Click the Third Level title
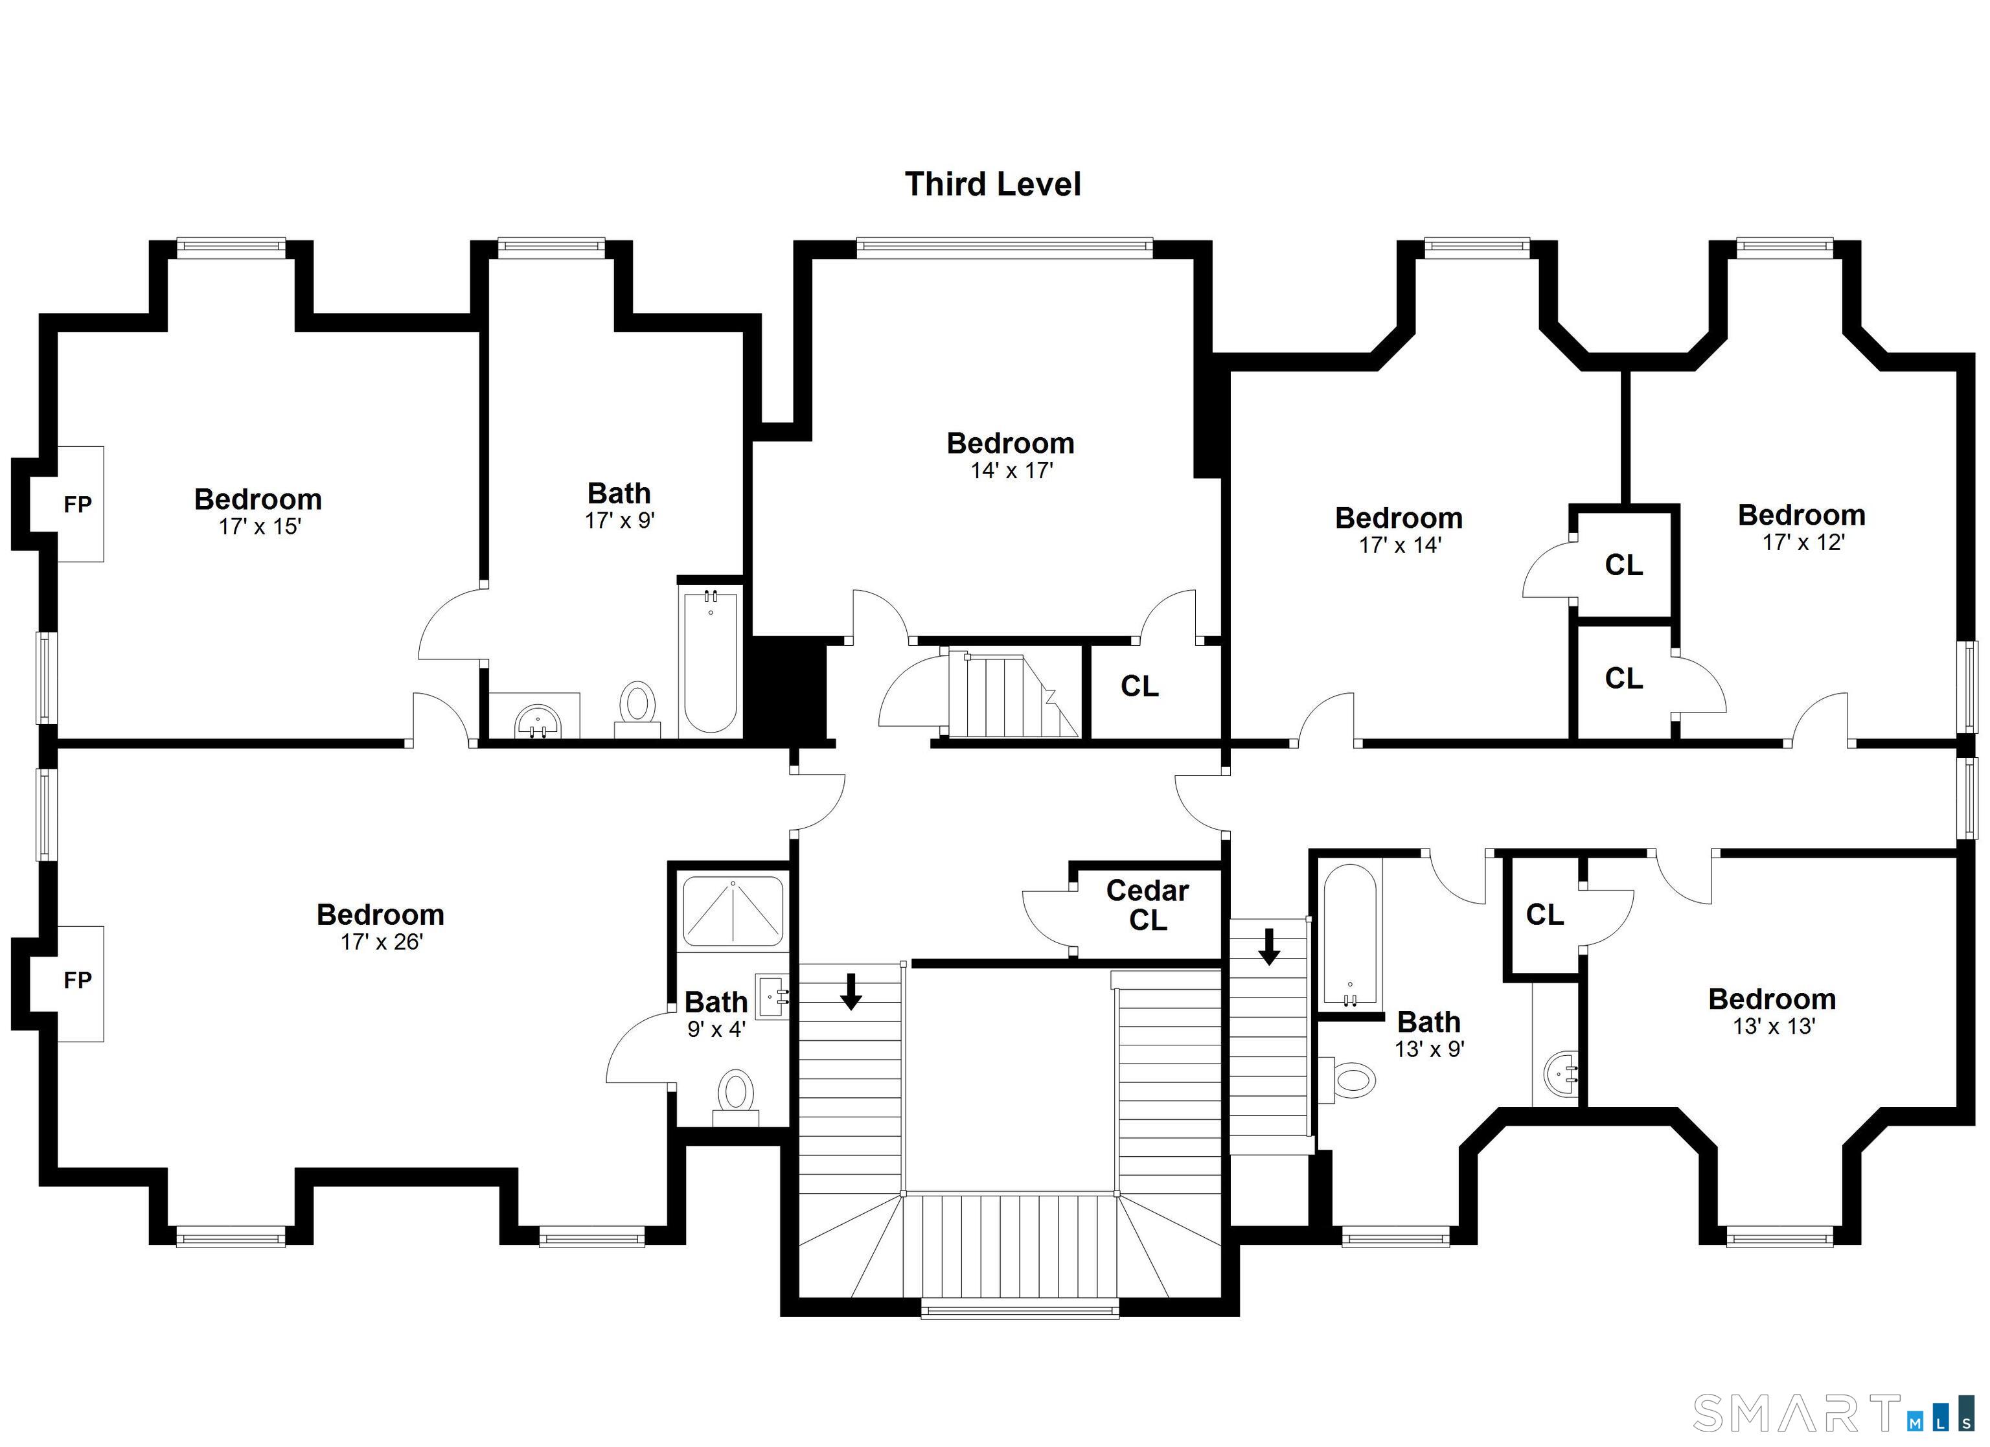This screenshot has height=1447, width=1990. (x=992, y=184)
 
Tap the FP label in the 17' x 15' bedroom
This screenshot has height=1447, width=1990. (x=77, y=505)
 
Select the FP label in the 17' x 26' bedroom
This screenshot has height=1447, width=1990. (x=77, y=980)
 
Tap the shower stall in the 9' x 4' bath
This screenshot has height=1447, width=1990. (x=733, y=912)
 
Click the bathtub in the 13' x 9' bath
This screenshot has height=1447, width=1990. (x=1349, y=935)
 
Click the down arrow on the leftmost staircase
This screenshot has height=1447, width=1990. (x=851, y=992)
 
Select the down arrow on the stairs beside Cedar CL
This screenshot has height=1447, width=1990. (x=1269, y=946)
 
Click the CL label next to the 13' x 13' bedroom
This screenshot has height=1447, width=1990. (x=1544, y=915)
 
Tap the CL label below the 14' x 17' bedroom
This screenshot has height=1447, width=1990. (x=1139, y=686)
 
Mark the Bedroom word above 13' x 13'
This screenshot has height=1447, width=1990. (x=1772, y=999)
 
